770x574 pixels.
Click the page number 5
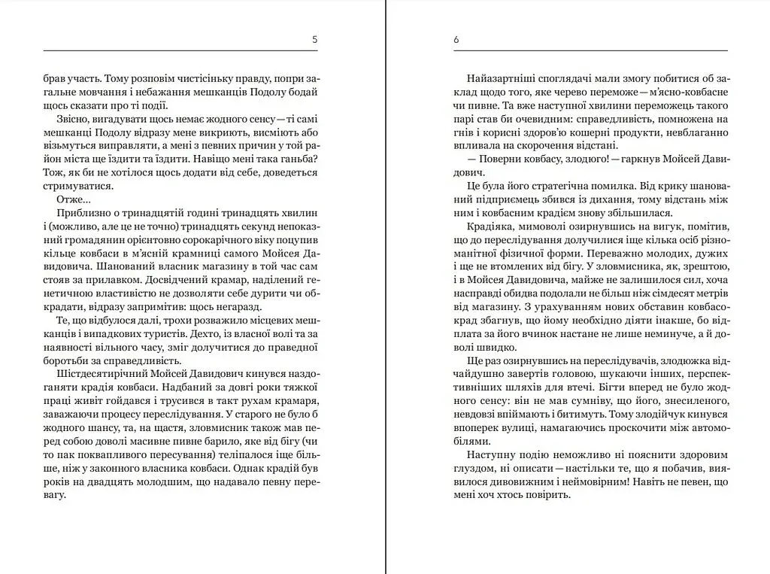tap(314, 39)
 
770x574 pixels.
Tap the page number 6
tap(456, 39)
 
